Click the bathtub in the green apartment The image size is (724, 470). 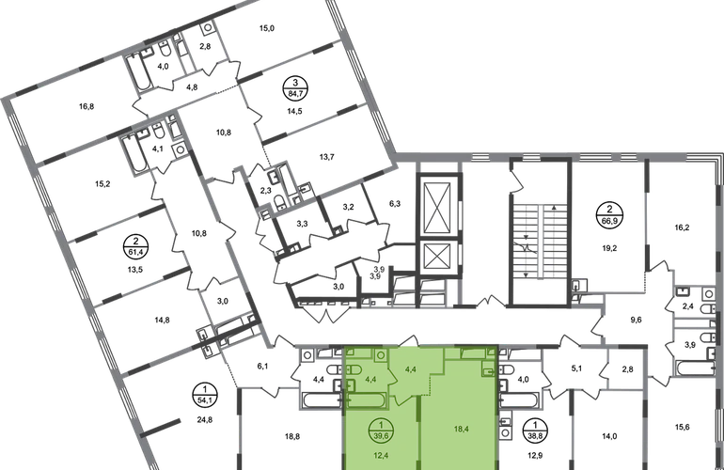point(360,401)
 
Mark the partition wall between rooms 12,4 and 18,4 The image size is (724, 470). point(420,432)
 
